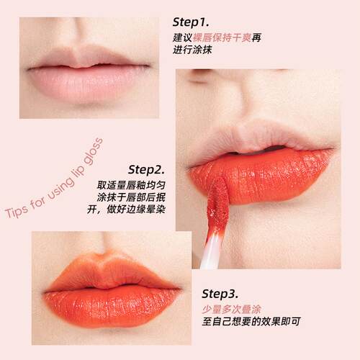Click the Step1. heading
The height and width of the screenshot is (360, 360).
[191, 22]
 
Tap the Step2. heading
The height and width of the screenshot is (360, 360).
[146, 170]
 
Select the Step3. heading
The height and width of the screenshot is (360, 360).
[220, 294]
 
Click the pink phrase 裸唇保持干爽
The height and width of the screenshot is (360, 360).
[222, 37]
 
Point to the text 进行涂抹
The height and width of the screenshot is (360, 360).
[192, 50]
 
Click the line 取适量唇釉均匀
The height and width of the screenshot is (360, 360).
[131, 185]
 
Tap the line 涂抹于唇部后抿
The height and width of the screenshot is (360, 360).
[131, 197]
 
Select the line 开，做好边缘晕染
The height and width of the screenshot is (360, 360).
[126, 210]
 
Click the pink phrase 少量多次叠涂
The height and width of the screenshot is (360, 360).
[231, 310]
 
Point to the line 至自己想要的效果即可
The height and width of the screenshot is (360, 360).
[251, 322]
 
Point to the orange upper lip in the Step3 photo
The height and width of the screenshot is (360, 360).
[108, 274]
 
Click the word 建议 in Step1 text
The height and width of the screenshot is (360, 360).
[183, 37]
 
